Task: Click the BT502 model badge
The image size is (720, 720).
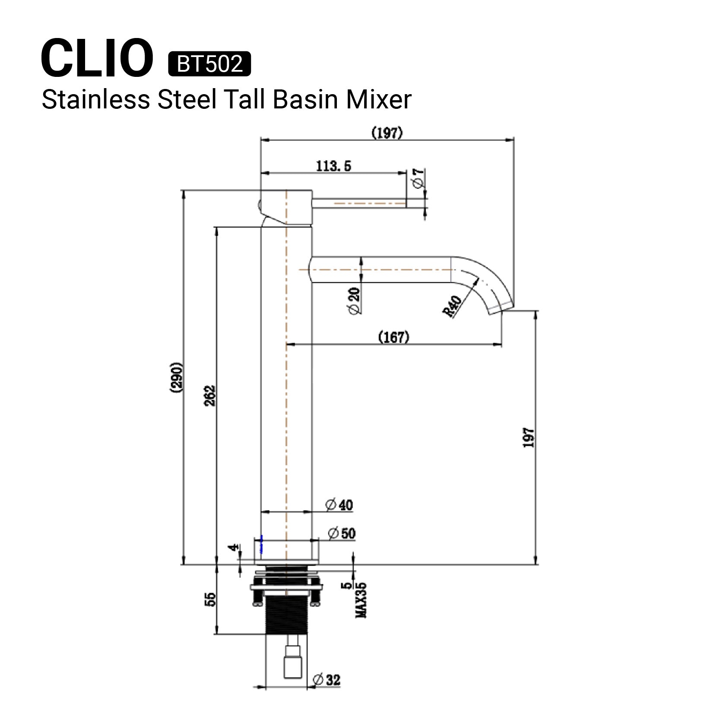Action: tap(209, 64)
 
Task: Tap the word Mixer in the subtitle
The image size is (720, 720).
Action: tap(378, 100)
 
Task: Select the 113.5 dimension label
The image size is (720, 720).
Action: tap(333, 166)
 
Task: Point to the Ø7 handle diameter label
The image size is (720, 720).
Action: tap(418, 178)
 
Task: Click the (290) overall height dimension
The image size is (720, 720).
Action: tap(176, 377)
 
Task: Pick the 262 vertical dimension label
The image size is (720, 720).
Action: tap(209, 395)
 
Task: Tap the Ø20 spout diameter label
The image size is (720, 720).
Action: tap(354, 301)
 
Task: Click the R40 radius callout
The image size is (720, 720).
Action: tap(452, 306)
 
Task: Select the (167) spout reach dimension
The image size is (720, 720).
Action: tap(393, 337)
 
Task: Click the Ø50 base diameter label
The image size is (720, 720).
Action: tap(342, 533)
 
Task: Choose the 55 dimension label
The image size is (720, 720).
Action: tap(210, 599)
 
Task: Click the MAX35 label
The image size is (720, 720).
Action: tap(361, 600)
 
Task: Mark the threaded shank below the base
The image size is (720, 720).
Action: tap(286, 615)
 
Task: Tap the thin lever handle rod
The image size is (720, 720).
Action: tap(358, 203)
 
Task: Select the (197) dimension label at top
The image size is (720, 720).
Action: tap(387, 133)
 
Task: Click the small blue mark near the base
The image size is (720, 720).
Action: tap(261, 544)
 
